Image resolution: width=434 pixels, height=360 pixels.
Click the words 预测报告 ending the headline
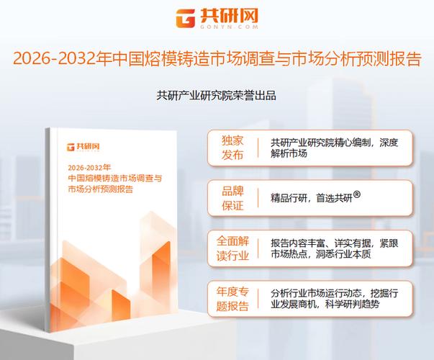[393, 60]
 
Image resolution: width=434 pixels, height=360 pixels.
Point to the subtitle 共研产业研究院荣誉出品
[217, 94]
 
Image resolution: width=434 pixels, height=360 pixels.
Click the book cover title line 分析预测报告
[101, 189]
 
